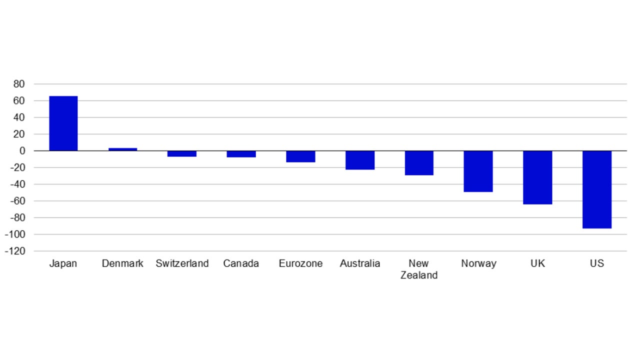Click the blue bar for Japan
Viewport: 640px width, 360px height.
click(63, 123)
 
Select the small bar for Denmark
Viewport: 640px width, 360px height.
click(122, 149)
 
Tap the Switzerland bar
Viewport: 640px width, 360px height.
click(182, 154)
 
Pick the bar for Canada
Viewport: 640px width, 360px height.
click(241, 154)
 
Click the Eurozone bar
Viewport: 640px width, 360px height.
click(300, 156)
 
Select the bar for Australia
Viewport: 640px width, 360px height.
click(360, 160)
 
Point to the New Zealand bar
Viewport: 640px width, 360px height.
click(419, 163)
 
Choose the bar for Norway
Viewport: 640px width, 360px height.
click(478, 171)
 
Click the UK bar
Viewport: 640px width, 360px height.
click(537, 177)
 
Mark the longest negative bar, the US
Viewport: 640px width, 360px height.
click(597, 189)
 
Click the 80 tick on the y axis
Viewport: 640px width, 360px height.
click(19, 84)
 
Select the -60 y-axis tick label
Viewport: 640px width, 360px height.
click(17, 201)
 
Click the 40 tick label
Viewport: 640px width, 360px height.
click(19, 117)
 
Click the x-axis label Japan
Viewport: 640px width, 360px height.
click(63, 263)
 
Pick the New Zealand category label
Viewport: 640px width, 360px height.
click(419, 269)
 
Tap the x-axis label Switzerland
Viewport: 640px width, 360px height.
click(182, 263)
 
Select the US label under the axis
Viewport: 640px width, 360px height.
click(597, 263)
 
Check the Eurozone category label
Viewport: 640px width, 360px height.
click(300, 263)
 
